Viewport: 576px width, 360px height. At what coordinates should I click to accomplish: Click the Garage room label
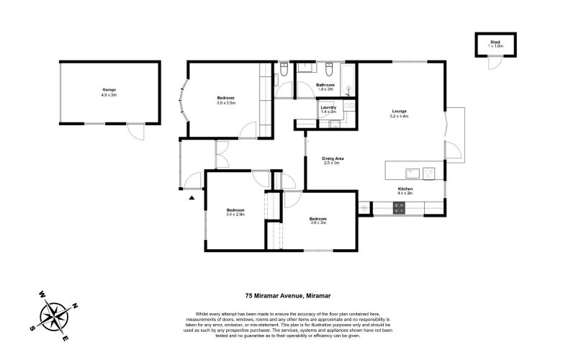point(109,90)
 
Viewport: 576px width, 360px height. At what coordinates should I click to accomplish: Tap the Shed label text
point(495,42)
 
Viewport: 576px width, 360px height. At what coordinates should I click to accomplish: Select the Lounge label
point(399,112)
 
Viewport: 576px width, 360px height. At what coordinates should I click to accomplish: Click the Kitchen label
point(405,189)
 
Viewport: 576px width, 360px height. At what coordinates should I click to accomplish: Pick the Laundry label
point(328,108)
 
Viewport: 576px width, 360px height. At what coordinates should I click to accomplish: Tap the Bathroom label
point(325,85)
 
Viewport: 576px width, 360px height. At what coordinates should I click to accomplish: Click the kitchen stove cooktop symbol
point(399,208)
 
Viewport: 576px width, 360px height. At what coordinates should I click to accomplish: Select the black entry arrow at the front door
point(192,196)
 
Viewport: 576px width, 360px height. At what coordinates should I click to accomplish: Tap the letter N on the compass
point(76,305)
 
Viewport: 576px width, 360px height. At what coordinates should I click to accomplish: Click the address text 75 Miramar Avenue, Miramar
point(288,296)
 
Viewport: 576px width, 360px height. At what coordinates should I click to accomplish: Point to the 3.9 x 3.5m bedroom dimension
point(226,103)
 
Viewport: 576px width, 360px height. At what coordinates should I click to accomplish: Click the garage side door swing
point(134,132)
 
